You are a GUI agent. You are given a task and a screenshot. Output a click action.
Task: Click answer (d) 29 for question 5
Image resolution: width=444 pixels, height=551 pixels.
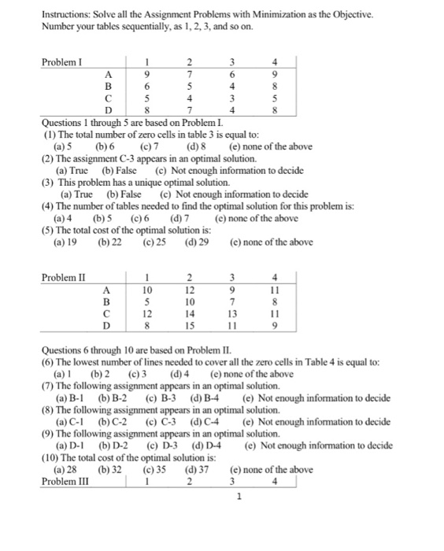pos(196,242)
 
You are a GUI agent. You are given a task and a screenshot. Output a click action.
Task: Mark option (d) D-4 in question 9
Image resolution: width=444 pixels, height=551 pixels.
pos(205,446)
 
